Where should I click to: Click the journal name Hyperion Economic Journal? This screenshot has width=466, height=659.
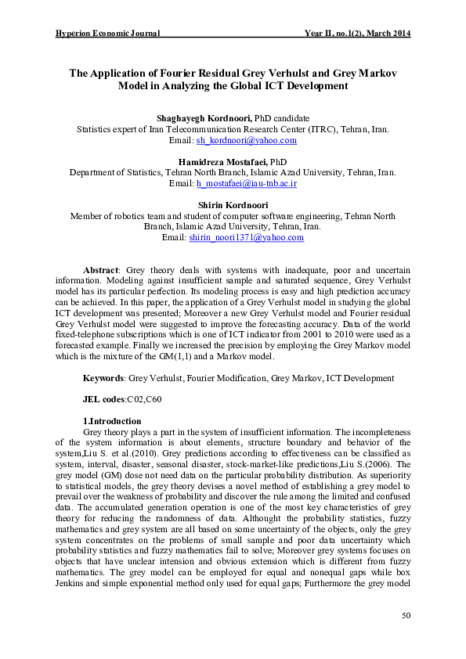pyautogui.click(x=108, y=34)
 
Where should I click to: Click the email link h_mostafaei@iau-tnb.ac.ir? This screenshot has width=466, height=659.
pyautogui.click(x=246, y=183)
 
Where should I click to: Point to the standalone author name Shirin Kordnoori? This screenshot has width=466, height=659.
pyautogui.click(x=233, y=204)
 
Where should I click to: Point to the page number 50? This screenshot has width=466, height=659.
pyautogui.click(x=406, y=616)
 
